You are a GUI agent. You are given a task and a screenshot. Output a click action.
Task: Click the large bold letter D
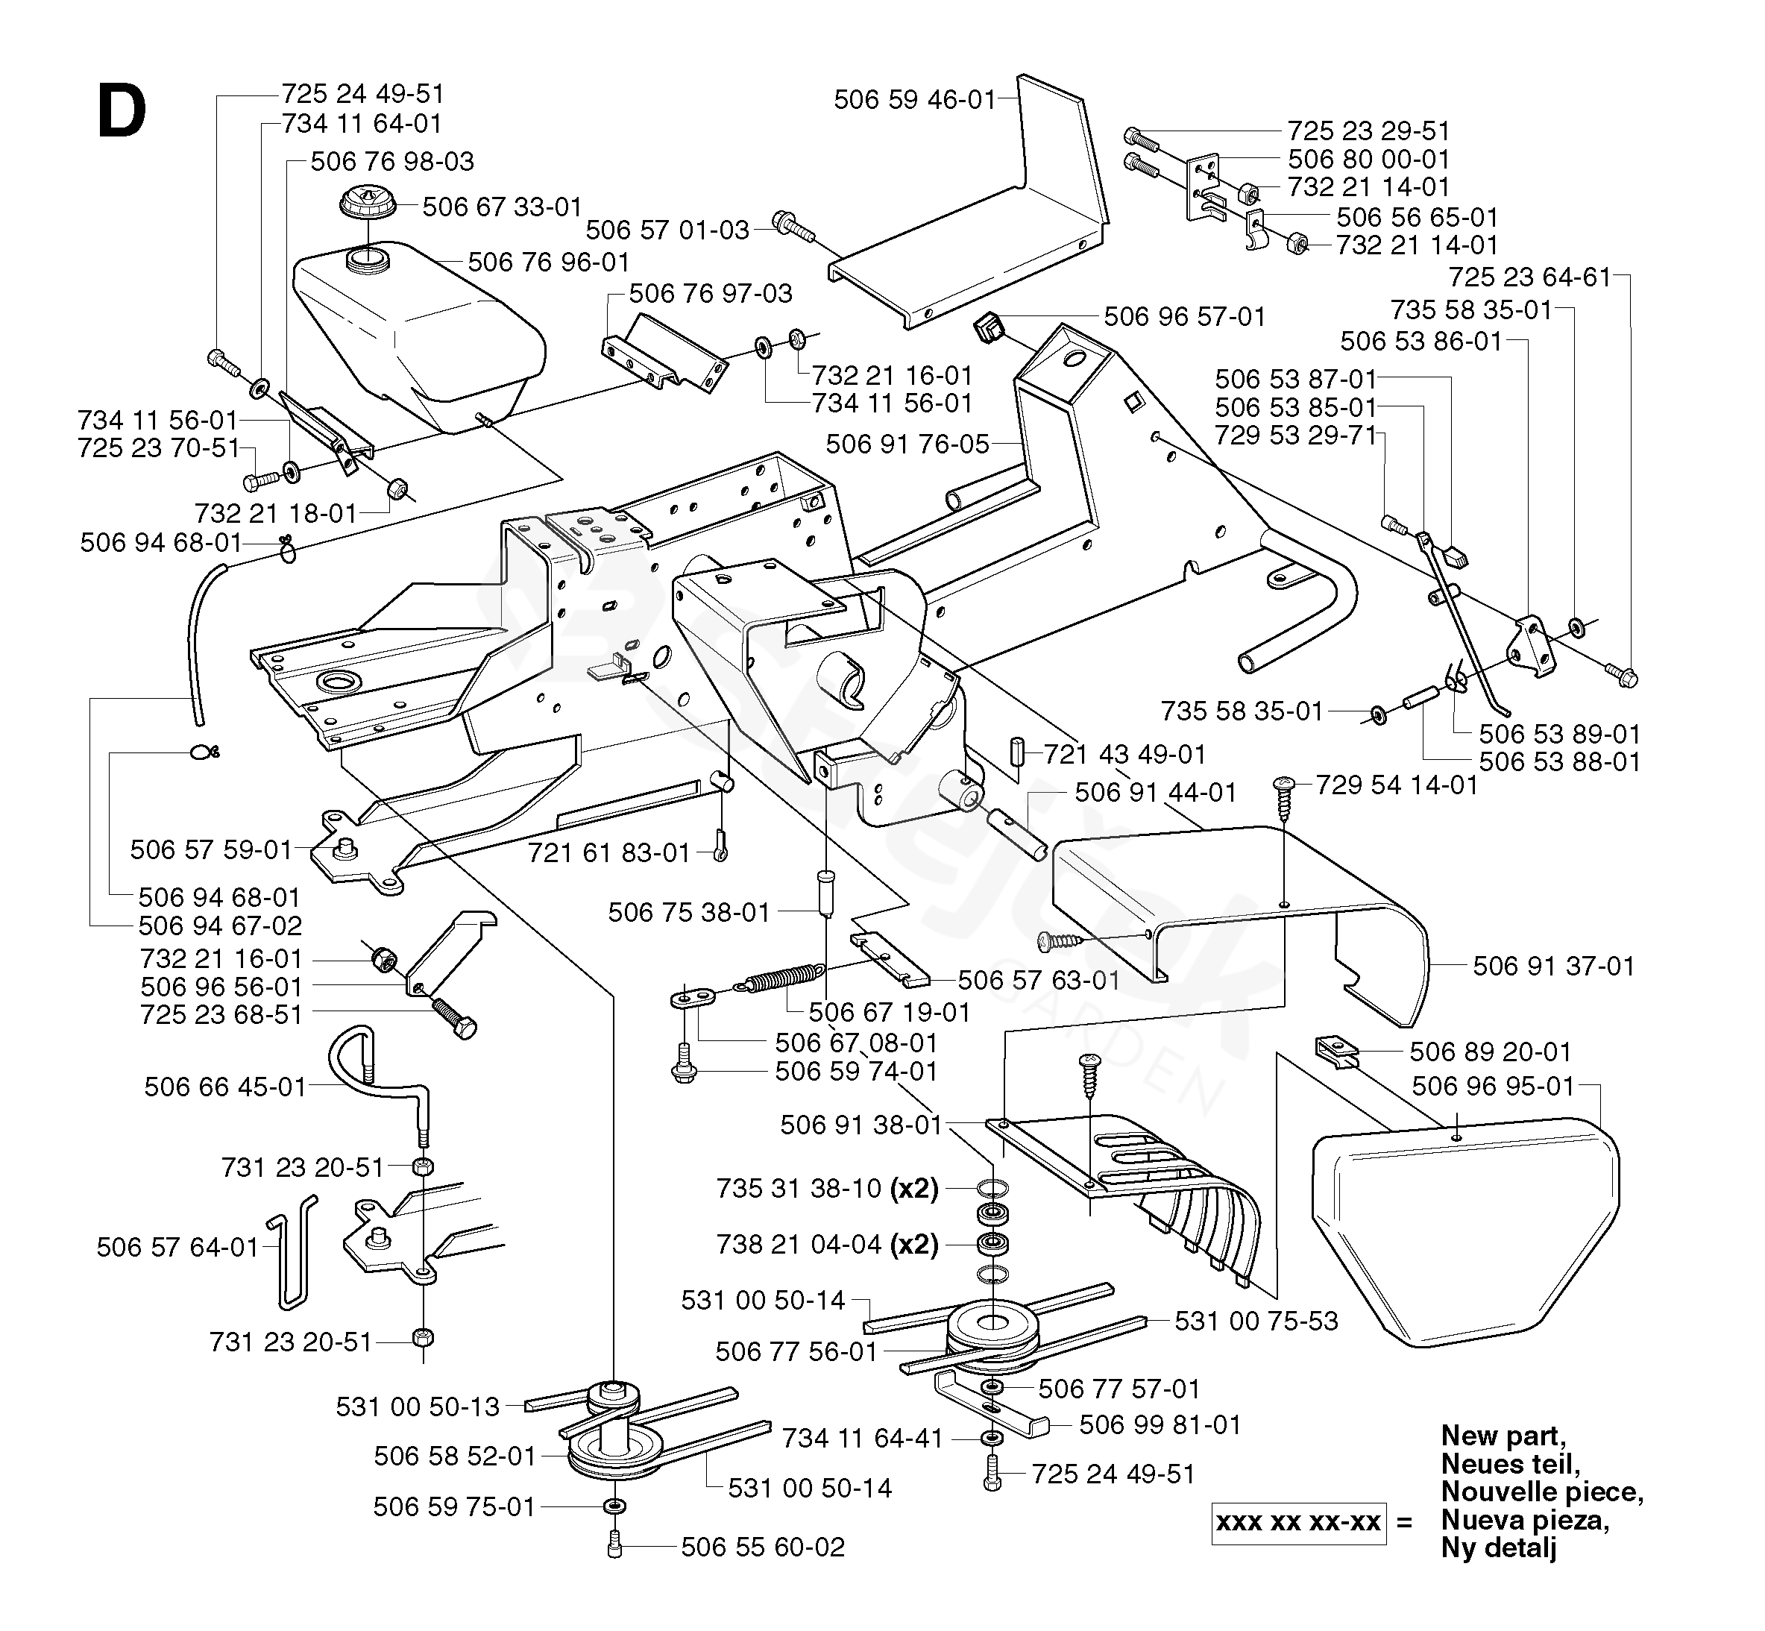coord(122,115)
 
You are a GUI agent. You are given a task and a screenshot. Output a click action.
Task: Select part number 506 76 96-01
coord(548,262)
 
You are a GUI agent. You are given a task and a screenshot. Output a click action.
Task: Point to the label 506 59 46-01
coord(914,100)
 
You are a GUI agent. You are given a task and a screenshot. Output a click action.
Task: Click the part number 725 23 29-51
coord(1368,131)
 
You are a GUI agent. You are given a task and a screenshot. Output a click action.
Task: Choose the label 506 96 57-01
coord(1184,317)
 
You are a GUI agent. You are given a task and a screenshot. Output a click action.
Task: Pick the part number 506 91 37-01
coord(1553,967)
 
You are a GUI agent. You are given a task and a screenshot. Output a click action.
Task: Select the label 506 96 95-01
coord(1492,1086)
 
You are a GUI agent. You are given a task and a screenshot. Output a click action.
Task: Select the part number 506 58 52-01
coord(455,1455)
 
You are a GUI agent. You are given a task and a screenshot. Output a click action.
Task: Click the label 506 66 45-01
coord(225,1087)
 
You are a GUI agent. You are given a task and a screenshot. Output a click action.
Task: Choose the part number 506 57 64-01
coord(177,1247)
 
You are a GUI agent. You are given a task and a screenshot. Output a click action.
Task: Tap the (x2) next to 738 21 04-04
coord(914,1245)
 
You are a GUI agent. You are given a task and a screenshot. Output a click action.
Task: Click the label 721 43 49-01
coord(1124,754)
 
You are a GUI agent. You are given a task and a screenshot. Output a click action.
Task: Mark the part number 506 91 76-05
coord(907,444)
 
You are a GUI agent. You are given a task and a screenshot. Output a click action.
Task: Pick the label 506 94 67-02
coord(220,926)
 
